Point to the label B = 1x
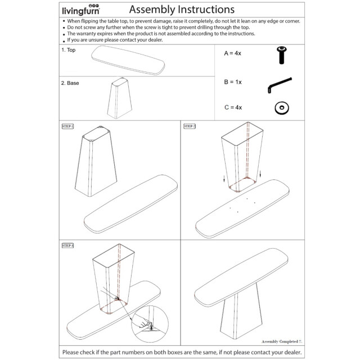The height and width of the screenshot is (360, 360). coord(232,82)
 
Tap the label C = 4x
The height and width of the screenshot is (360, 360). coord(233,107)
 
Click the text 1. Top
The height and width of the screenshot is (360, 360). coord(69,50)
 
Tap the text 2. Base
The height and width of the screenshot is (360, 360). coord(70,83)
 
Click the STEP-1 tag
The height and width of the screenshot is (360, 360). coord(69,126)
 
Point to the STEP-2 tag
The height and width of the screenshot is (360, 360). coord(190,126)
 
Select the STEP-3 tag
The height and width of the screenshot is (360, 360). coord(69,245)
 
